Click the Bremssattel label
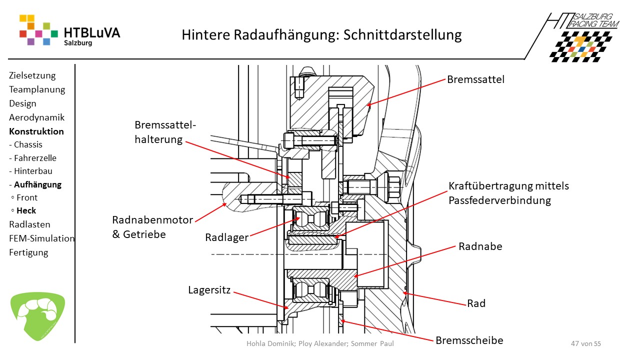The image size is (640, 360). point(475,79)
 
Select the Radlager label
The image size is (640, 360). point(226,237)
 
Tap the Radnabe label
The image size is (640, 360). point(480,246)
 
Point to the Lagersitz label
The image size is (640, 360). point(209,289)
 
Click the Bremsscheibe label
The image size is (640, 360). point(469,340)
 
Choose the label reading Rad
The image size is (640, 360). point(476,303)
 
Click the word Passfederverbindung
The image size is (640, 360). point(499,200)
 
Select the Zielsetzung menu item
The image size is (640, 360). point(32,75)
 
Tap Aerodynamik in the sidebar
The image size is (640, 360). point(36,117)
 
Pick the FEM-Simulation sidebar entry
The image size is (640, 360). point(42,238)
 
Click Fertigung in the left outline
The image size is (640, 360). point(28,252)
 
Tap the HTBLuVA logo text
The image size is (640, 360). point(92,33)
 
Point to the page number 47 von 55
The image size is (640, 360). point(585,343)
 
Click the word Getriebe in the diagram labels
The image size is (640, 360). point(145,233)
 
